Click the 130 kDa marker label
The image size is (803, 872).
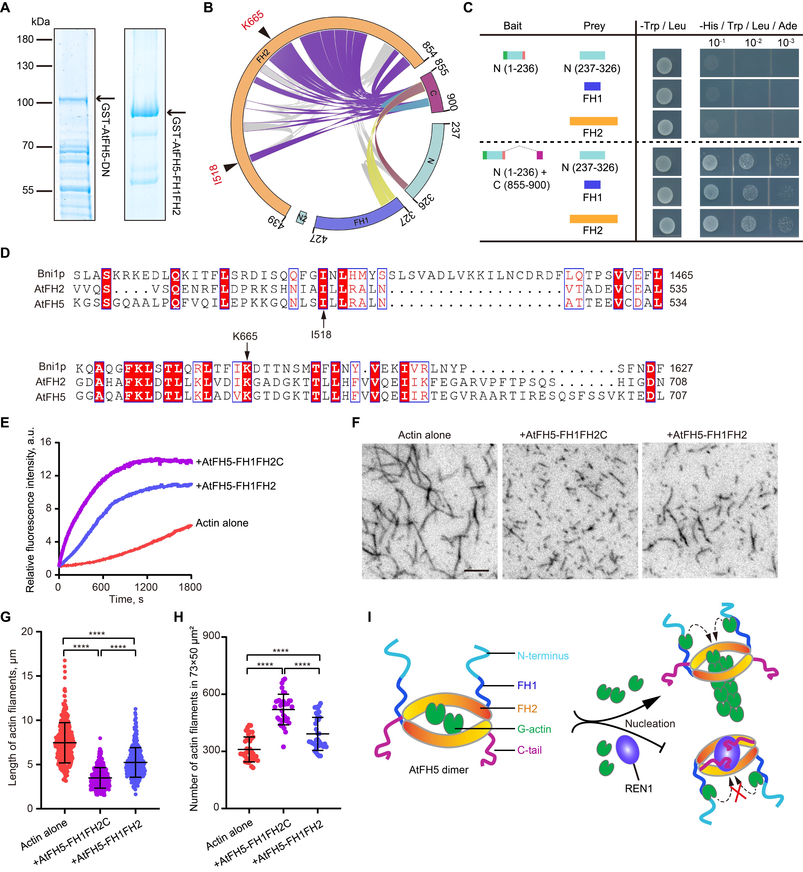(25, 66)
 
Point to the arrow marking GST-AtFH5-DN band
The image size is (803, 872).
(106, 99)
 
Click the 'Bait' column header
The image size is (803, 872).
(512, 26)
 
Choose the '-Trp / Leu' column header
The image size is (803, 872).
(663, 26)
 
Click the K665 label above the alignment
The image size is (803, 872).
(245, 336)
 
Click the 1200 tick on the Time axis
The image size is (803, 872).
(146, 587)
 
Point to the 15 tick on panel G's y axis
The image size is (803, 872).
(27, 676)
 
